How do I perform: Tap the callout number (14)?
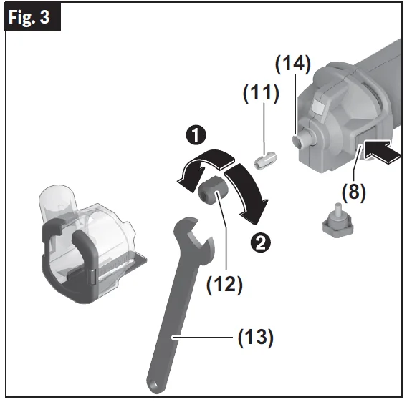click(293, 64)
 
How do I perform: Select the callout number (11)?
click(261, 93)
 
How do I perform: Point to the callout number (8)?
click(353, 192)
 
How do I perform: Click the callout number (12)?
click(224, 284)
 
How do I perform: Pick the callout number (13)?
click(256, 337)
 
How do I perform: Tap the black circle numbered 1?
click(196, 135)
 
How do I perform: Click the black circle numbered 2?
click(261, 242)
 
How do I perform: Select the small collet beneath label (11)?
click(265, 160)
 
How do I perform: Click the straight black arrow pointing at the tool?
click(382, 152)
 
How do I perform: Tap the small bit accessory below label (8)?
click(337, 220)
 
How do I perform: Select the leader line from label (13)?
click(203, 337)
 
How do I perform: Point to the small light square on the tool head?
click(318, 107)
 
